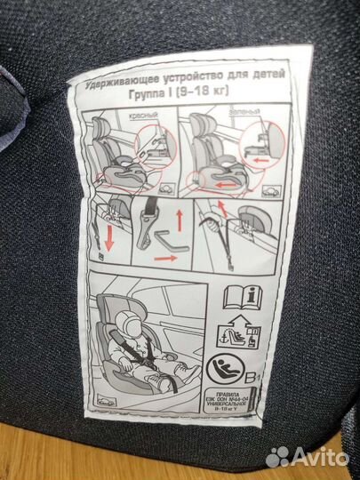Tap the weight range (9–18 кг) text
click(186, 99)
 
